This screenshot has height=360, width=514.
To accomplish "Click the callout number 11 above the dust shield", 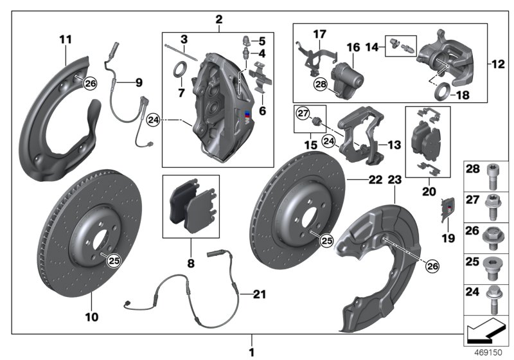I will tap(66, 40).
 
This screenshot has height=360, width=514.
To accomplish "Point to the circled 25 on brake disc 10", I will tap(113, 260).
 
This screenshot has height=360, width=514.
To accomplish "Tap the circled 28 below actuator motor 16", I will tap(321, 84).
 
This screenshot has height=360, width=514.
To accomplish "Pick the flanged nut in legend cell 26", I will tap(496, 234).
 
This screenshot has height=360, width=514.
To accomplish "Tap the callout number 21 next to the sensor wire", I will tap(258, 295).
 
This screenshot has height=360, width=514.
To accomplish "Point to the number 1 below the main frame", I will tap(252, 352).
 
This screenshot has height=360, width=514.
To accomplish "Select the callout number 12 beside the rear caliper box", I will tap(497, 64).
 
